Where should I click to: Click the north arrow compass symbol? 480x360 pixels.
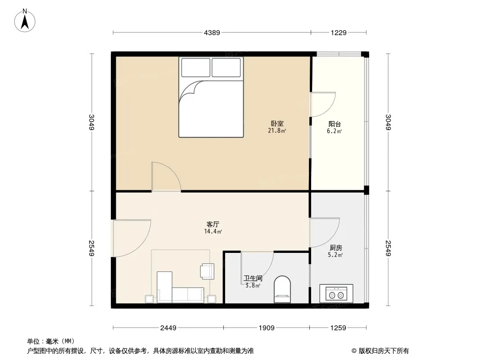pyautogui.click(x=25, y=21)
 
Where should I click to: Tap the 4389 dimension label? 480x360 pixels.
pyautogui.click(x=212, y=32)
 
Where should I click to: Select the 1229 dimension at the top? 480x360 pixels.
pyautogui.click(x=339, y=32)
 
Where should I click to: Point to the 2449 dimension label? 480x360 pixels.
pyautogui.click(x=168, y=328)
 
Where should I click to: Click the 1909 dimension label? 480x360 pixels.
pyautogui.click(x=266, y=328)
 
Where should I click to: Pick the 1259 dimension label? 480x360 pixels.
pyautogui.click(x=338, y=328)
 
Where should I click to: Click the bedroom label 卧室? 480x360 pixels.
pyautogui.click(x=277, y=124)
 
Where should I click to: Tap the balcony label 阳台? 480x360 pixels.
pyautogui.click(x=335, y=124)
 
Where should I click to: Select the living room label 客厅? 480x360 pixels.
pyautogui.click(x=213, y=224)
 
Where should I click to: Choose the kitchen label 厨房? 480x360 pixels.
pyautogui.click(x=336, y=248)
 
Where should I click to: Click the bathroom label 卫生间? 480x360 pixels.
pyautogui.click(x=253, y=279)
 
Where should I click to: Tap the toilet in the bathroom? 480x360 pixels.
pyautogui.click(x=282, y=289)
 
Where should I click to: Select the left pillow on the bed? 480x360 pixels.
pyautogui.click(x=195, y=67)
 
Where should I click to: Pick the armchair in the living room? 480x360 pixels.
pyautogui.click(x=207, y=271)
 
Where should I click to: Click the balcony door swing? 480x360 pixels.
pyautogui.click(x=323, y=104)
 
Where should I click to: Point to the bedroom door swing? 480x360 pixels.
pyautogui.click(x=166, y=176)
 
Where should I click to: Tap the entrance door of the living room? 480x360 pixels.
pyautogui.click(x=132, y=238)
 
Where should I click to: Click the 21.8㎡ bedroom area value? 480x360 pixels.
pyautogui.click(x=277, y=131)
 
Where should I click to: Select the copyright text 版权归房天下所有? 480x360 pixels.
pyautogui.click(x=384, y=351)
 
